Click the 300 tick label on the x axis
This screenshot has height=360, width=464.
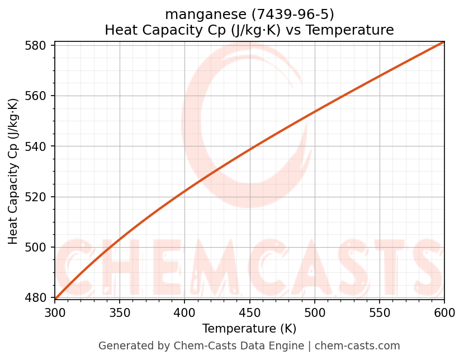pos(55,312)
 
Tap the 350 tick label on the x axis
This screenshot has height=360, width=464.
pos(120,312)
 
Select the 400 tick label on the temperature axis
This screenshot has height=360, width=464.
pos(184,312)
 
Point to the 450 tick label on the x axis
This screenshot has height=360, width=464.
pos(249,312)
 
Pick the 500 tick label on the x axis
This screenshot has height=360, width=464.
pos(315,312)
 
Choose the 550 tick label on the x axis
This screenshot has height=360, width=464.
pos(380,312)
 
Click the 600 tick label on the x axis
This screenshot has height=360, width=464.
pos(444,312)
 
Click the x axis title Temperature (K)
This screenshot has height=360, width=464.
pos(249,329)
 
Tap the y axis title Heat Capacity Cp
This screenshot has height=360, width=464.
pos(13,171)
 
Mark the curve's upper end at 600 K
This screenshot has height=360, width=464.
pos(444,42)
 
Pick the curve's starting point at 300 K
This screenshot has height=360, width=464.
pos(55,299)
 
